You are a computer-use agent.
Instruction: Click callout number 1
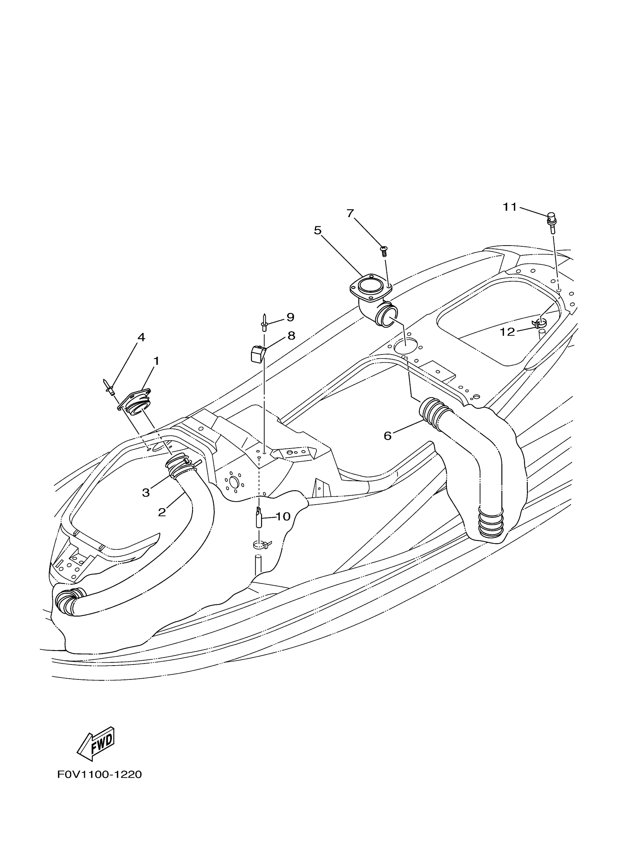(156, 361)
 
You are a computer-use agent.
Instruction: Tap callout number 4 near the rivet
(141, 337)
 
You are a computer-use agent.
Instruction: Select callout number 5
(318, 230)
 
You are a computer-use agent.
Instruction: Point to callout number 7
(350, 214)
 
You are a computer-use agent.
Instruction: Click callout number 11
(510, 207)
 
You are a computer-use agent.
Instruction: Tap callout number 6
(388, 436)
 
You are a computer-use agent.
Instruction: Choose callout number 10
(283, 516)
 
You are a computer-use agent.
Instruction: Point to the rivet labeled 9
(264, 323)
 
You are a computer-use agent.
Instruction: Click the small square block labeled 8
(258, 354)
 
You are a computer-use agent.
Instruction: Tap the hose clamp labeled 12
(540, 322)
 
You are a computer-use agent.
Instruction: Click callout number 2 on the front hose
(162, 512)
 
